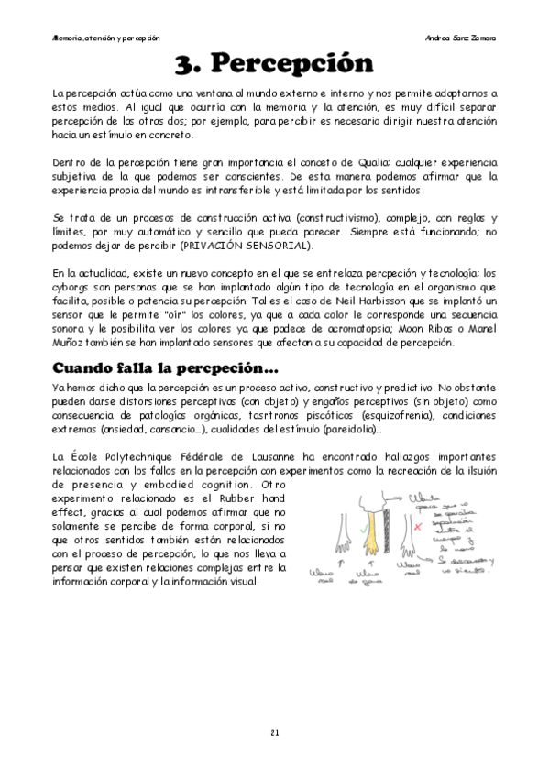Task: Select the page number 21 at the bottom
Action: point(274,733)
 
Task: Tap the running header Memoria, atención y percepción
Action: point(106,38)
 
